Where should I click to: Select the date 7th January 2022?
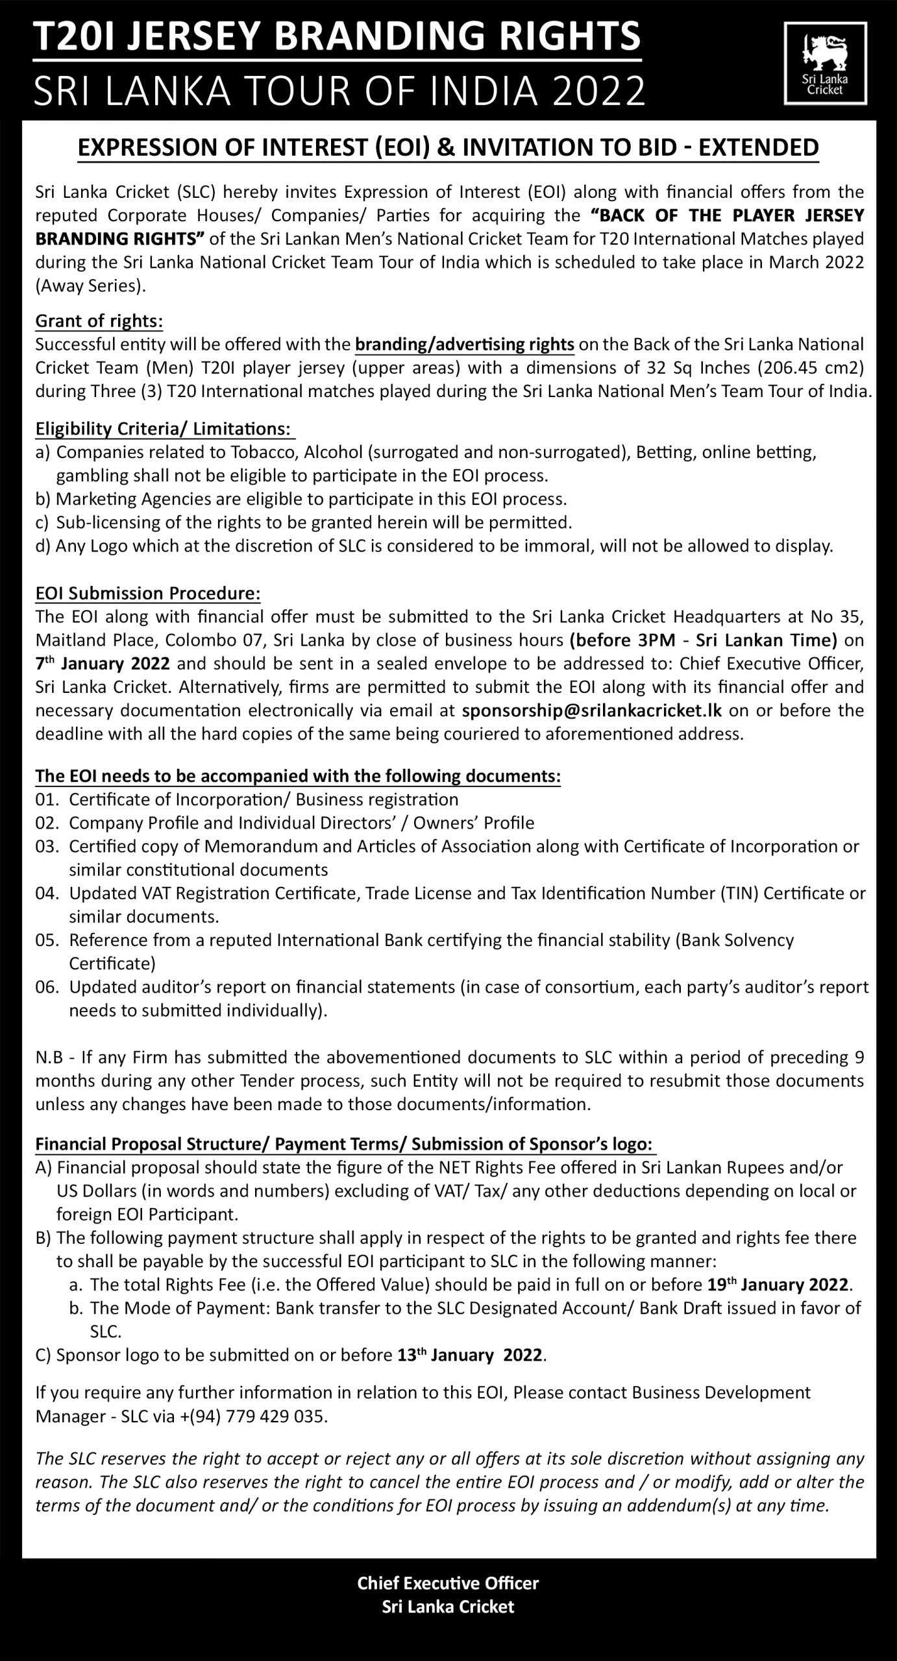click(103, 664)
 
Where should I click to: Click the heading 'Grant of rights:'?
click(99, 321)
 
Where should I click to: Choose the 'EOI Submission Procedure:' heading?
click(148, 594)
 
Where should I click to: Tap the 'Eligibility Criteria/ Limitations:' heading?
click(163, 429)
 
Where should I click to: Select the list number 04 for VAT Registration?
click(47, 893)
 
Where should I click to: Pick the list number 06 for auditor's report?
click(47, 987)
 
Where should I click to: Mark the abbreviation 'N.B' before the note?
click(49, 1058)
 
